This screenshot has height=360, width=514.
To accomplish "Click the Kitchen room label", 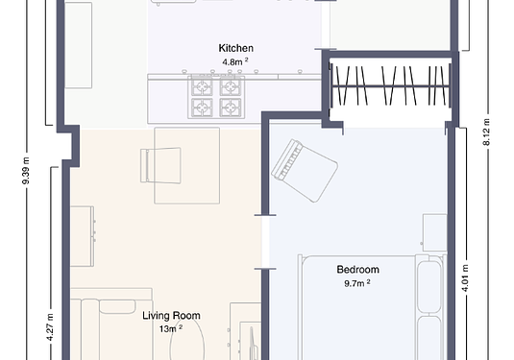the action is coord(236,48).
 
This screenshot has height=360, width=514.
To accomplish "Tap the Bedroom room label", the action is coord(358,270).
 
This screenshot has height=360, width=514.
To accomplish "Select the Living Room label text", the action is coord(171,316).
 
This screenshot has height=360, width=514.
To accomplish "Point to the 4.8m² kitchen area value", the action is coord(235,61).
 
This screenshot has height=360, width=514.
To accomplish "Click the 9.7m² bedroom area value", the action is coord(357,283).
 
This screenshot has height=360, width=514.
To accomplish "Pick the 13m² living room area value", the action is coord(171,328).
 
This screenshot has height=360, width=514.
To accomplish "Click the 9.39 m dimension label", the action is coord(26,171).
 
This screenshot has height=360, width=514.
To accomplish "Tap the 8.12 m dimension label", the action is coord(486,132).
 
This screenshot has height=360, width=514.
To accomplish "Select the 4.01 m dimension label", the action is coord(465,278).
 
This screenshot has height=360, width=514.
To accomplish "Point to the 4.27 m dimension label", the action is coord(50,327).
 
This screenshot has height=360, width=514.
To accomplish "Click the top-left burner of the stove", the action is coord(203,86).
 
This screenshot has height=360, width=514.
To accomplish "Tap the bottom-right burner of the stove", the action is coord(231,108).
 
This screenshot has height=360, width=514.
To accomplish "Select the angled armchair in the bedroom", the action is coord(305,171).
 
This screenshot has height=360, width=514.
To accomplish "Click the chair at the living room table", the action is coord(160,165).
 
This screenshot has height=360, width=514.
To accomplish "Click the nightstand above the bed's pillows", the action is coord(434,232).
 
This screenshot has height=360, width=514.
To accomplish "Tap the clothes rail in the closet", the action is coord(390,86).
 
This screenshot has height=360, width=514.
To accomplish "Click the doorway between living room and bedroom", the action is coord(265,242).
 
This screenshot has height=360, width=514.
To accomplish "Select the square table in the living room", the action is coord(186,166).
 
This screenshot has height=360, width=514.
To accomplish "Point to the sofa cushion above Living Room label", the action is coord(117,306).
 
